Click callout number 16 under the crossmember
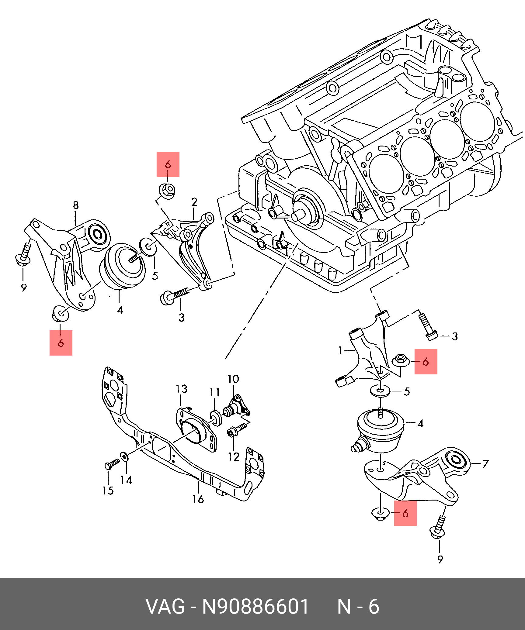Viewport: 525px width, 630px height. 198,499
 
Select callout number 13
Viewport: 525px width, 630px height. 181,389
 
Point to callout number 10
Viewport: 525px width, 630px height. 233,379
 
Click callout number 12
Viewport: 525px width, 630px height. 234,457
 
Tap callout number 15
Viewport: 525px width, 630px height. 108,490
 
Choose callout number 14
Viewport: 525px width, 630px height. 126,480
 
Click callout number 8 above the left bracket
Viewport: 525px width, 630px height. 76,205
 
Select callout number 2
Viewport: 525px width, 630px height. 194,202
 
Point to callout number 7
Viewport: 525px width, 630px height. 485,463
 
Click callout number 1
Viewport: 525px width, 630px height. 340,351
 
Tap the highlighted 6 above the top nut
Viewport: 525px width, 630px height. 168,165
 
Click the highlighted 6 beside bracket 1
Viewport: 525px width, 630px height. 426,362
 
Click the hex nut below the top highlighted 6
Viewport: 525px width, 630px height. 167,191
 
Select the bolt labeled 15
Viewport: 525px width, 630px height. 112,464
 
